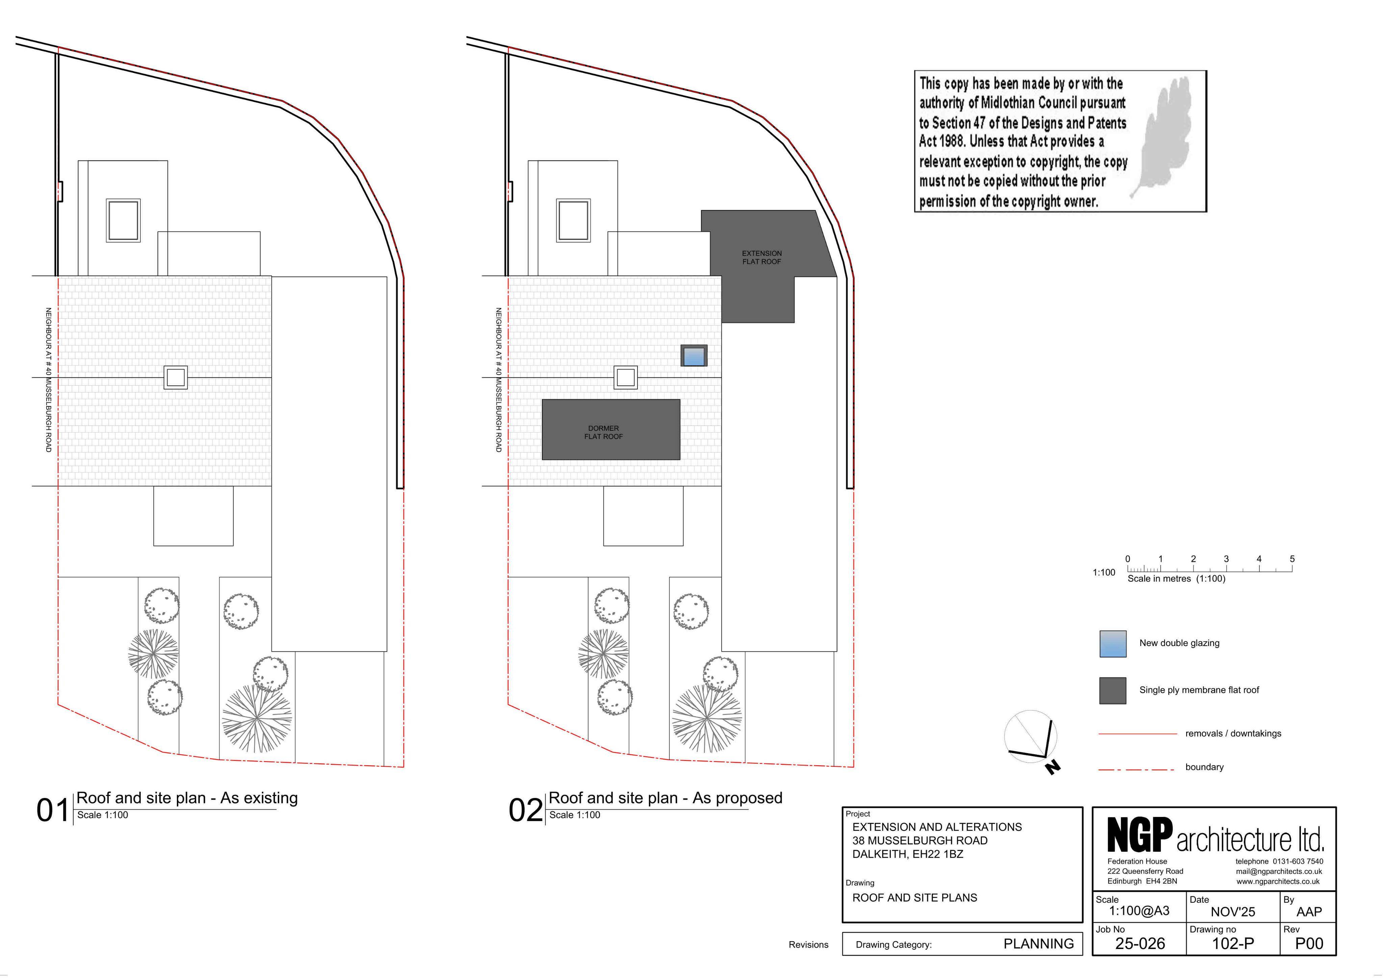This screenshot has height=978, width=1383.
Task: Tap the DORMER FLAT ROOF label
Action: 604,432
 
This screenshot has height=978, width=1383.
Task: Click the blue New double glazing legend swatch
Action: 1113,644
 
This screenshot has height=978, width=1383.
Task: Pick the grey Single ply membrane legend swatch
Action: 1113,691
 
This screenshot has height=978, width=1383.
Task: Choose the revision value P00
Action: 1309,943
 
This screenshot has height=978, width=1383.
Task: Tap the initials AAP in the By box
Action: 1309,912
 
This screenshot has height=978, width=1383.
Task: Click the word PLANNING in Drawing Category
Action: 1039,944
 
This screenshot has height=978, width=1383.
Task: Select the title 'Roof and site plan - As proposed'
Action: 666,798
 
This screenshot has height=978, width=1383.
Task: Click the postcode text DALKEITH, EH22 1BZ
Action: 908,854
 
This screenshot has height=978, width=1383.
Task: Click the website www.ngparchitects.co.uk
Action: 1278,882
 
